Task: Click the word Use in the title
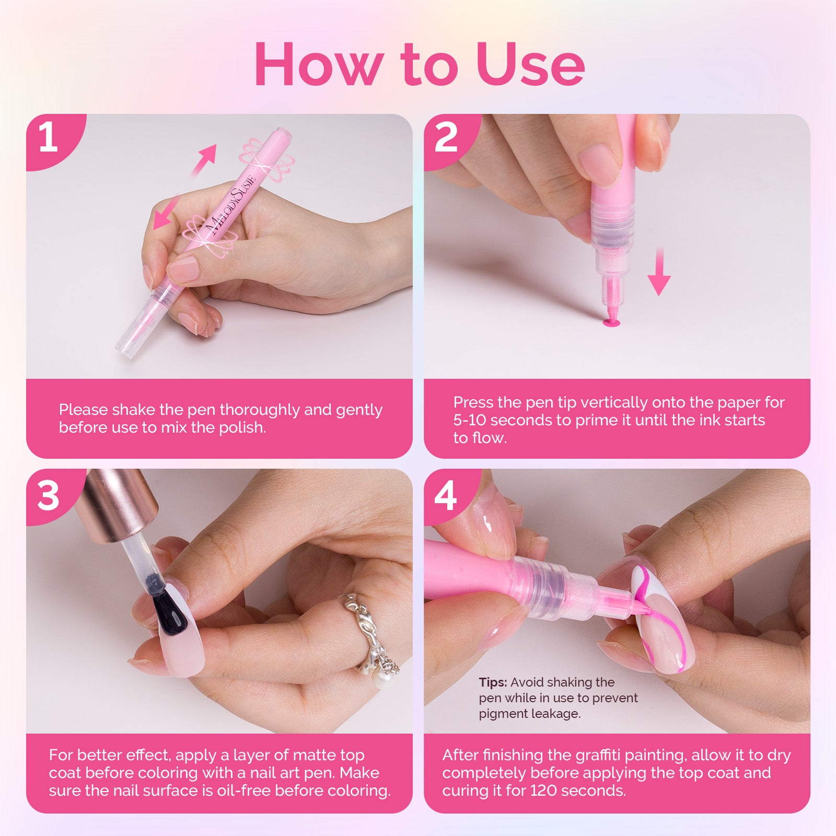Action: (x=530, y=64)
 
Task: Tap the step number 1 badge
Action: (x=48, y=137)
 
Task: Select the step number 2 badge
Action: (x=446, y=137)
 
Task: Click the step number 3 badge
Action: (x=48, y=495)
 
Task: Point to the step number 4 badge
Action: (x=446, y=495)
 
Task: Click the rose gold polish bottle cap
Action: (x=120, y=504)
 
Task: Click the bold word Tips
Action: (x=492, y=682)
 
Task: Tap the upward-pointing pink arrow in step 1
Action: (x=205, y=158)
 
